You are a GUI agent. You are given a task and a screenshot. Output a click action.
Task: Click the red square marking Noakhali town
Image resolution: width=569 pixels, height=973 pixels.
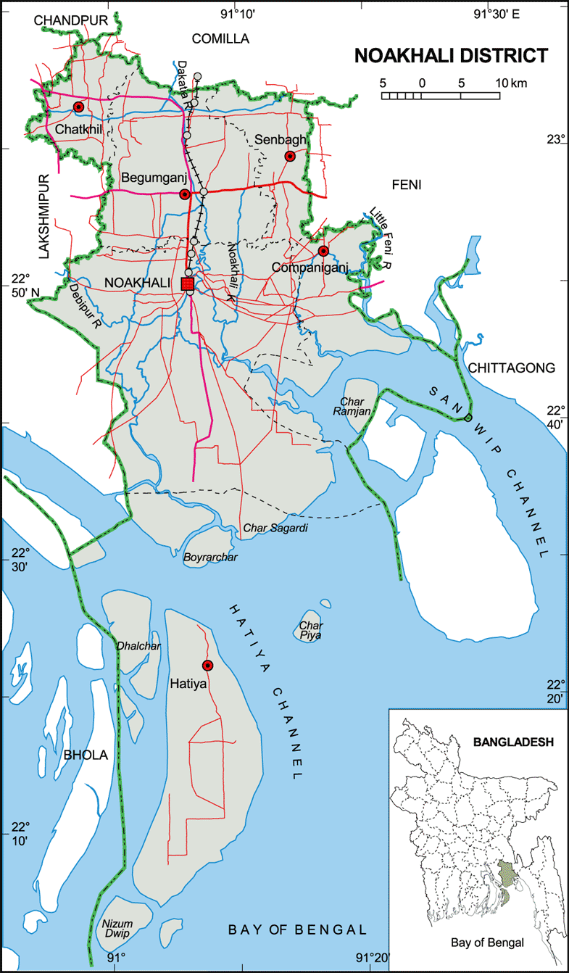[x=188, y=283]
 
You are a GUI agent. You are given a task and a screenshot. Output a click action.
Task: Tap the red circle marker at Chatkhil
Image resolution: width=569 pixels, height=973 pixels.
[x=78, y=107]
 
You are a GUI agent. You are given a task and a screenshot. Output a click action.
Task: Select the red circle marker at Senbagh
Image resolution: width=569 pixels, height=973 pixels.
[x=290, y=156]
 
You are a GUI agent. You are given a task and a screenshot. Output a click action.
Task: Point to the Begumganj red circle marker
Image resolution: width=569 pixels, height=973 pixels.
[x=185, y=194]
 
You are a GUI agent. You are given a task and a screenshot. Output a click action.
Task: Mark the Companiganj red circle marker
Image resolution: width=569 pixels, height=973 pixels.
[x=323, y=251]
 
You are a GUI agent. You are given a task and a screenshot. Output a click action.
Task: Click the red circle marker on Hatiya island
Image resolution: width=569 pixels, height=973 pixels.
[x=207, y=666]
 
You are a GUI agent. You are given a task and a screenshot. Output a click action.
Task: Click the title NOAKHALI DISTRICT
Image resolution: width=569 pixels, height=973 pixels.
[x=451, y=56]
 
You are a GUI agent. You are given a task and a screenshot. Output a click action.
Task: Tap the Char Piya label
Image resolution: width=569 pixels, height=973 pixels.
[x=311, y=630]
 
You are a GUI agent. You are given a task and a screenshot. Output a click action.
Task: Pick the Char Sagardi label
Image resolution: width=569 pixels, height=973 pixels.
[x=275, y=529]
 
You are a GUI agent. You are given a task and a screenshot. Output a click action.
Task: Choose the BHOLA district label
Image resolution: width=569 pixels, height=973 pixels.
[x=86, y=755]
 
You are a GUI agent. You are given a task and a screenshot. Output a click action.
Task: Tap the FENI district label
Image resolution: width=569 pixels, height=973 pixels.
[x=406, y=185]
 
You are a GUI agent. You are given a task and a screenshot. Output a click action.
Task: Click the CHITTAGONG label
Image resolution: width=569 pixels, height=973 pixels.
[x=512, y=368]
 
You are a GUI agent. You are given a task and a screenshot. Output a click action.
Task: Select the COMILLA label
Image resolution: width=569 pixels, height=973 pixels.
[x=220, y=38]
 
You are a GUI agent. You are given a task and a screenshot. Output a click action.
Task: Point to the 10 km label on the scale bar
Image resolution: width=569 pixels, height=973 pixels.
[x=512, y=83]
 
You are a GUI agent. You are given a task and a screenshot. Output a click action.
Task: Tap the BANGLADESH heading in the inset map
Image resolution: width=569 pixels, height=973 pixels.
[x=513, y=742]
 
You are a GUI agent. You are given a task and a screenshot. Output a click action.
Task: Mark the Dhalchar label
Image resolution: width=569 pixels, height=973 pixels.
[x=138, y=646]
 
